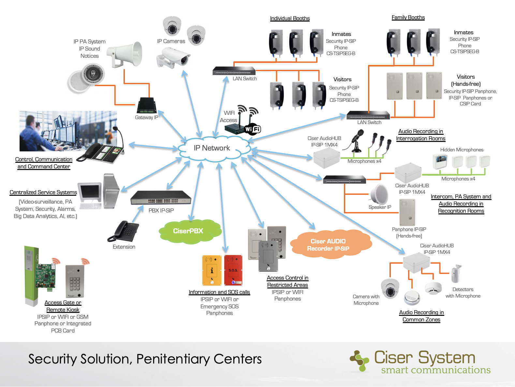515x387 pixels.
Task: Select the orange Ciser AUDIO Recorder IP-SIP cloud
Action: tap(331, 244)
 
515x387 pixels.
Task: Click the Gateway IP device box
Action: tap(147, 105)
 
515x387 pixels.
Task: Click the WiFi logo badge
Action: tap(253, 129)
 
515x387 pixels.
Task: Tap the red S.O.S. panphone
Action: tap(233, 270)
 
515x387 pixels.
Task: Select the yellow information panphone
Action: tap(212, 270)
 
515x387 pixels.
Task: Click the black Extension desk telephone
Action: tap(124, 231)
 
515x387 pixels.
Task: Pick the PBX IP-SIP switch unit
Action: tap(161, 197)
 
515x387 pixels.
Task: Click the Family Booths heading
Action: tap(408, 17)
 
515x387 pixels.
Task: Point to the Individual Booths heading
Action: tap(290, 18)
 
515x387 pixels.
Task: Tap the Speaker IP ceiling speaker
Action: tap(379, 194)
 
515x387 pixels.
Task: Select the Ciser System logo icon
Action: tap(359, 361)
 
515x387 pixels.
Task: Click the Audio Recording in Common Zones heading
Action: tap(421, 316)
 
